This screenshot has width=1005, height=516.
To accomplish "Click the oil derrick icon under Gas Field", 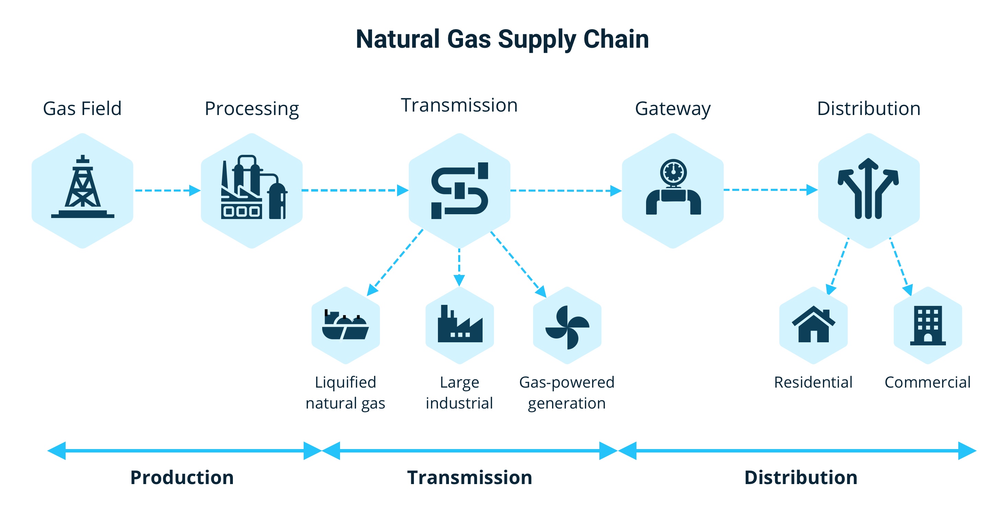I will [x=82, y=187].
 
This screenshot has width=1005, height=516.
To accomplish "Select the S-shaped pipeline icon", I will [x=460, y=190].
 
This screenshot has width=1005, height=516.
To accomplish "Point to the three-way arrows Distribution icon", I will [x=868, y=189].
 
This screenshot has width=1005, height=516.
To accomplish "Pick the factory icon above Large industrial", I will [x=460, y=325].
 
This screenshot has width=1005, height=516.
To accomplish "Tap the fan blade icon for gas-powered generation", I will [x=567, y=327].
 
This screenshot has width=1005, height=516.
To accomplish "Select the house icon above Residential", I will [x=813, y=324].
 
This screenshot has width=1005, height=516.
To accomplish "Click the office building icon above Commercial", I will [x=928, y=325].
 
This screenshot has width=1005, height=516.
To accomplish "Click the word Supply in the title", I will [x=537, y=39].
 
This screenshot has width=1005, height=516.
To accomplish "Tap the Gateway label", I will [x=673, y=108].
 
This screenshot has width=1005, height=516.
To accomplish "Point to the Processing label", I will [x=252, y=108].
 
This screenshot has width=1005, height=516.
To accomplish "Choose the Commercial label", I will [x=927, y=382].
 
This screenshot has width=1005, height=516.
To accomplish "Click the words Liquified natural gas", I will [x=345, y=392].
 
